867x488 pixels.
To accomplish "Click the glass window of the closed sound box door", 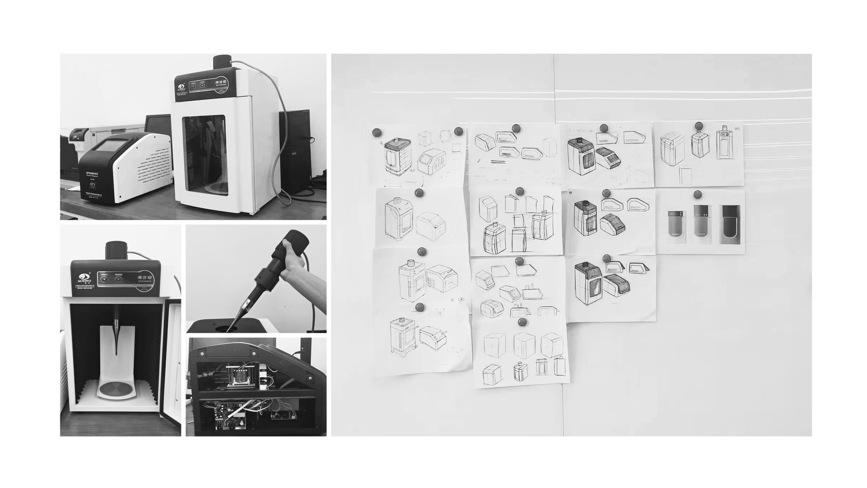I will click(204, 155).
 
